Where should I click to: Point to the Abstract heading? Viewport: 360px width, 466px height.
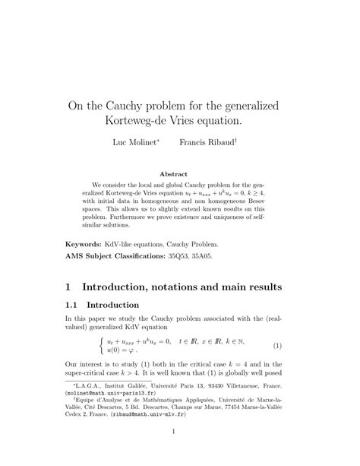click(179, 173)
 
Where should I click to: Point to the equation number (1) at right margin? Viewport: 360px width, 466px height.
click(277, 347)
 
